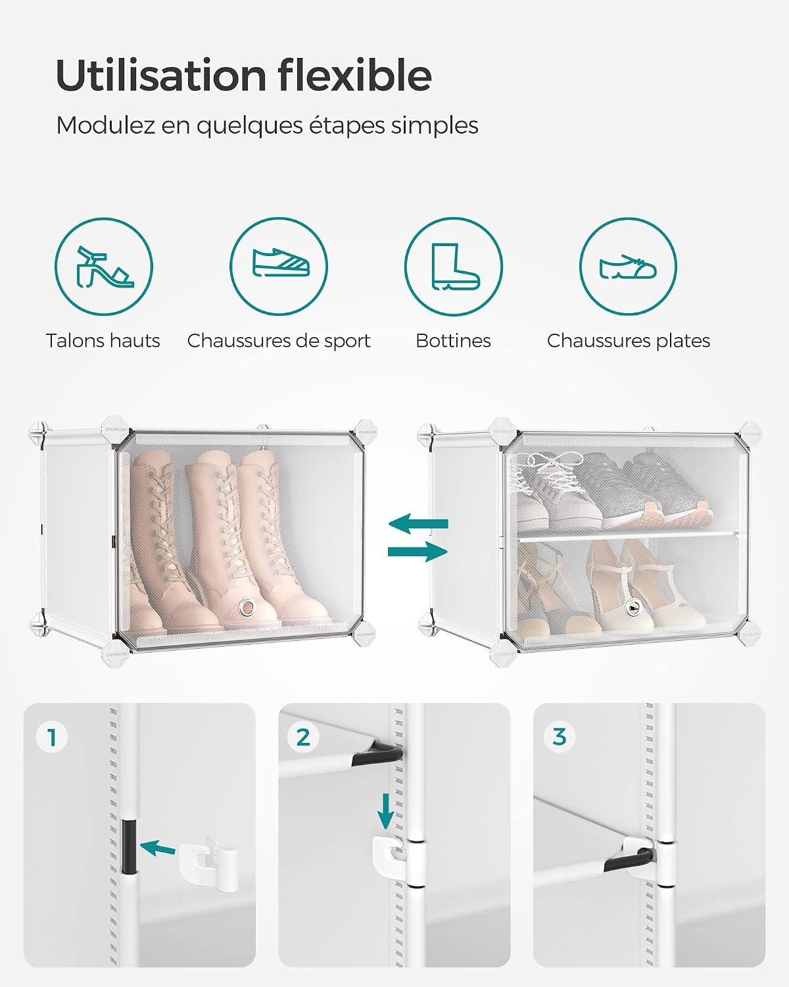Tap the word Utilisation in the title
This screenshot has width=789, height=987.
coord(161,75)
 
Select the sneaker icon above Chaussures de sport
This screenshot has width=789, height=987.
coord(281,263)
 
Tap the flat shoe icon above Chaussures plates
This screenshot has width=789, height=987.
coord(628,267)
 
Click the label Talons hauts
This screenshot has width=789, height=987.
coord(103,341)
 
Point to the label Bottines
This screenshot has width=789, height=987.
coord(453,341)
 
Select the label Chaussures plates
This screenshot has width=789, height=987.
coord(628,342)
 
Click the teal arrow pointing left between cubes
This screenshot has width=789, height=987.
coord(418,524)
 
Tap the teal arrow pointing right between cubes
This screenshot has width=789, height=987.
coord(418,551)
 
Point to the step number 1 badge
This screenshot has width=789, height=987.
coord(51,737)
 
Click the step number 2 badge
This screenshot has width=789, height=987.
coord(303,737)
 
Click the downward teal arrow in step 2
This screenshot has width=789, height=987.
coord(385,811)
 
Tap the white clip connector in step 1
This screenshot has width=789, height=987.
coord(208,863)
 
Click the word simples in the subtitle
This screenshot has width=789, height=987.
coord(435,125)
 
